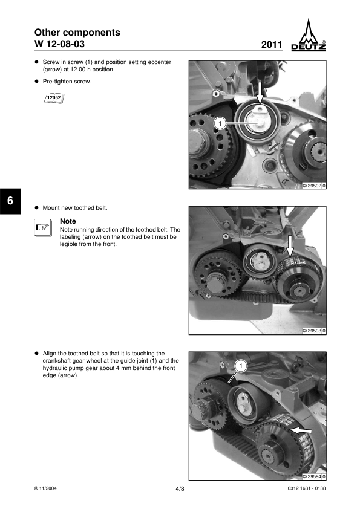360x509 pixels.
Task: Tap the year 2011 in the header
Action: pyautogui.click(x=272, y=45)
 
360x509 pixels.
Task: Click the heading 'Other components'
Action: pyautogui.click(x=77, y=33)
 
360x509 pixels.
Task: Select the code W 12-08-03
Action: pyautogui.click(x=59, y=44)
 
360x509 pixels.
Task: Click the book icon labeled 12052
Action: pyautogui.click(x=54, y=98)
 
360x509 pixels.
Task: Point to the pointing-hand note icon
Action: pyautogui.click(x=43, y=227)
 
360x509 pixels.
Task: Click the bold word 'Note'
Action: pyautogui.click(x=68, y=221)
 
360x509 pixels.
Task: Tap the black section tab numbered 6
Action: pyautogui.click(x=10, y=201)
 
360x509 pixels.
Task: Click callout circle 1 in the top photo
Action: pyautogui.click(x=220, y=123)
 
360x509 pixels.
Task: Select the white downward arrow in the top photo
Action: pyautogui.click(x=260, y=92)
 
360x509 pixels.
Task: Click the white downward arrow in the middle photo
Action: pyautogui.click(x=290, y=245)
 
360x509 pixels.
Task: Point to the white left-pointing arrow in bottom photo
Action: pyautogui.click(x=301, y=430)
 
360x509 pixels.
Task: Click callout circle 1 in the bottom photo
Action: pyautogui.click(x=241, y=366)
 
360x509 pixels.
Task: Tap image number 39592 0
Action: pyautogui.click(x=314, y=186)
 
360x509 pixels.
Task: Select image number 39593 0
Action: pyautogui.click(x=314, y=331)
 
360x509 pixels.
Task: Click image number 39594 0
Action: pyautogui.click(x=314, y=476)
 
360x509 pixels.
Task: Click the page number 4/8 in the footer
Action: pyautogui.click(x=180, y=489)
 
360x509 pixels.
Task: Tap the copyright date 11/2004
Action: pyautogui.click(x=45, y=488)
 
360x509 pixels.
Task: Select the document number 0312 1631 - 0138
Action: pyautogui.click(x=307, y=488)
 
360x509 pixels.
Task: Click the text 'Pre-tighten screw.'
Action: pyautogui.click(x=67, y=82)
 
